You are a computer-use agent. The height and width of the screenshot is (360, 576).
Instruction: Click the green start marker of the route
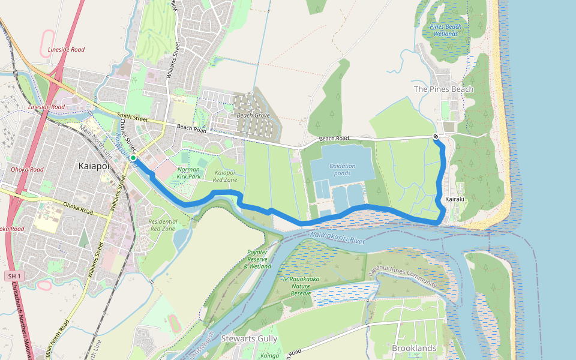[x=133, y=158]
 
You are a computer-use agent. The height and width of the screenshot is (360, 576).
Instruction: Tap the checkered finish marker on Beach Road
[x=436, y=137]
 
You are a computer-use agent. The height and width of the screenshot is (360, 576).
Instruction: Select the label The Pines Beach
[x=443, y=89]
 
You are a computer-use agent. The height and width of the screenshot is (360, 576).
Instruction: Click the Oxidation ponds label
[x=342, y=170]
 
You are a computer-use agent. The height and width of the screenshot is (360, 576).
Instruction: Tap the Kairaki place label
[x=455, y=199]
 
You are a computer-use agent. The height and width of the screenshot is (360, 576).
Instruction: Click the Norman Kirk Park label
[x=189, y=173]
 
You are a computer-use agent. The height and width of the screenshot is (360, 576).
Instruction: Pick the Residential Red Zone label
[x=162, y=225]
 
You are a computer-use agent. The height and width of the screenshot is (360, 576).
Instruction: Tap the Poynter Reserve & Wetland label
[x=259, y=259]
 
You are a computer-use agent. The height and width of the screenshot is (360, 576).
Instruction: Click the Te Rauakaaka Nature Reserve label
[x=297, y=286]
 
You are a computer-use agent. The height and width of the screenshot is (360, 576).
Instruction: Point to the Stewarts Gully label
[x=249, y=339]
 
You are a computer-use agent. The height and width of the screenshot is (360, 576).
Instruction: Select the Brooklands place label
[x=414, y=348]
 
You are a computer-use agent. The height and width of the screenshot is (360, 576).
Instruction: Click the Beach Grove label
[x=253, y=115]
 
